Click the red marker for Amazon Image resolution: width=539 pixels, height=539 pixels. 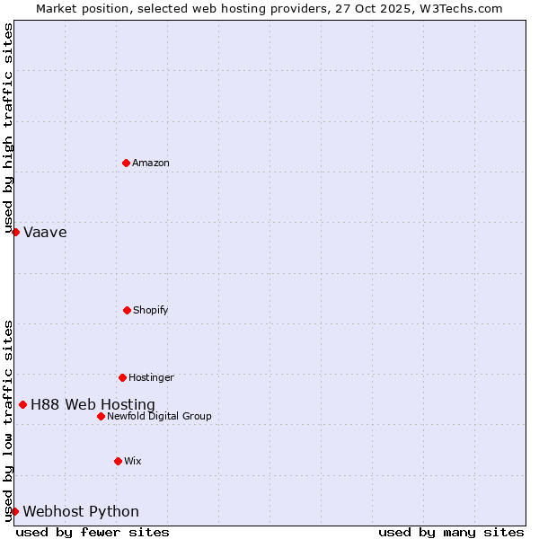pos(126,163)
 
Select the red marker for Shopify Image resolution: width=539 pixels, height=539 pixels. pos(127,310)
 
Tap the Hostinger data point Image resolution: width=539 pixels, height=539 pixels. pos(122,377)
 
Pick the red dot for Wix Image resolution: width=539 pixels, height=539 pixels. pos(118,461)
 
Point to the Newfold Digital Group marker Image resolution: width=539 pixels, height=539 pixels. pos(101,416)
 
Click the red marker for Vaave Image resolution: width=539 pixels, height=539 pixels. pos(15,232)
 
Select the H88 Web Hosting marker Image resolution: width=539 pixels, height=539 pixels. pos(22,404)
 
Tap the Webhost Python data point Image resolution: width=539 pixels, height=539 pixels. pos(14,511)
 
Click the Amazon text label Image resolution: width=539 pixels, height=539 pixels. pos(151,163)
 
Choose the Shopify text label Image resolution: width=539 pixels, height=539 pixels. pos(151,310)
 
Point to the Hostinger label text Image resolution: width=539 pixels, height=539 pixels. pos(151,377)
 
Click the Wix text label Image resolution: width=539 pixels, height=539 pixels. pos(133,461)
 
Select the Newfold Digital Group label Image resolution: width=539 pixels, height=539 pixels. pos(159,416)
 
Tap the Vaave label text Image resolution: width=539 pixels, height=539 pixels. pos(45,233)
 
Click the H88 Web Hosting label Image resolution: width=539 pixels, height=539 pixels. pos(93,405)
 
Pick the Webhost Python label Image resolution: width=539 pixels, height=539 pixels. pos(81,512)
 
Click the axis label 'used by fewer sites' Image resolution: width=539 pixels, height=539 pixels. pos(93,532)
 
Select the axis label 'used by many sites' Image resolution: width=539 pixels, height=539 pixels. pos(451,532)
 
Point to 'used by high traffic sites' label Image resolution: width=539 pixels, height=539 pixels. pos(8,128)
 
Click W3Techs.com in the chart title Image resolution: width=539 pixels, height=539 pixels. pos(458,8)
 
